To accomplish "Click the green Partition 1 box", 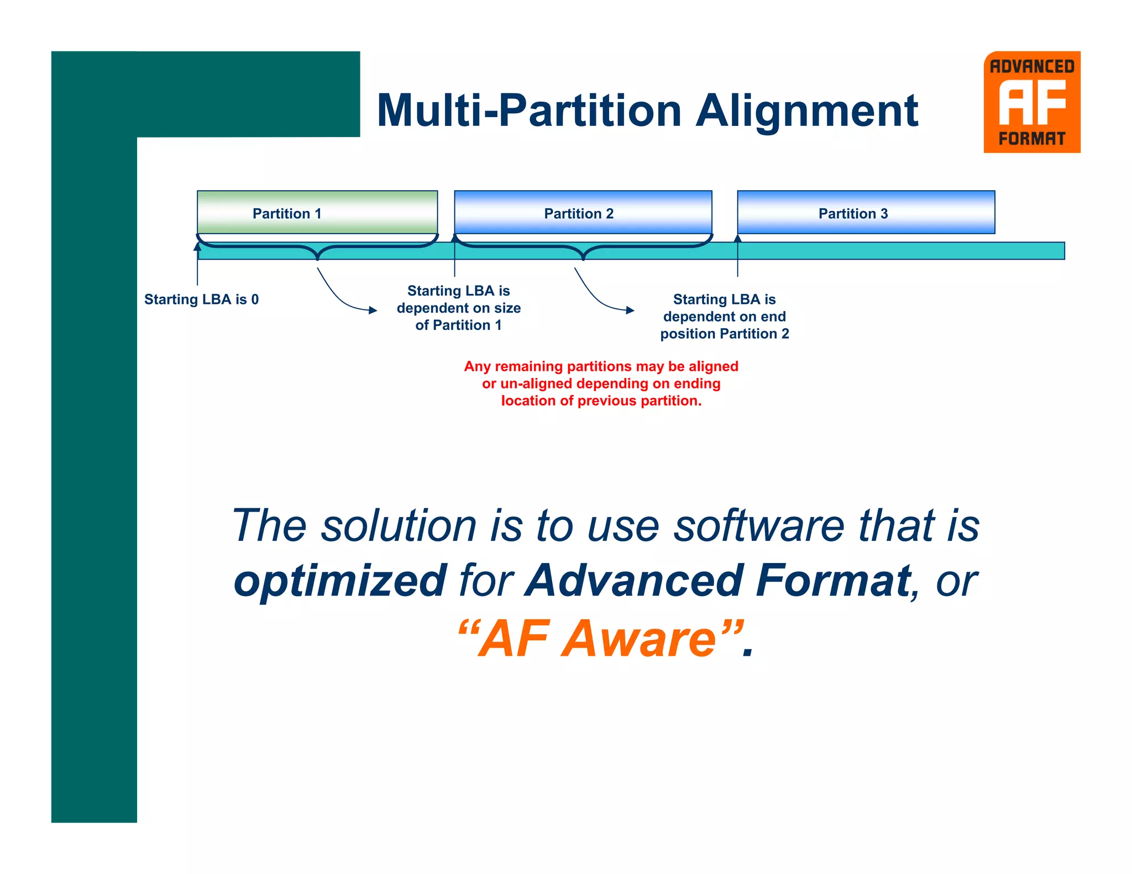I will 317,212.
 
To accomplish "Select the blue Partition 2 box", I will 583,212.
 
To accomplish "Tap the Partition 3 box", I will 866,212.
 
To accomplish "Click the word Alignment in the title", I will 806,111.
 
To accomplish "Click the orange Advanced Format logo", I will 1031,102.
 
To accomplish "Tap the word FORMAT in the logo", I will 1031,139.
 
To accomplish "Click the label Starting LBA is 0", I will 201,299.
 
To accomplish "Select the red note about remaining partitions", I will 601,383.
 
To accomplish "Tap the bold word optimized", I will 340,582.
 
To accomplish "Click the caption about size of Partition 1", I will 458,308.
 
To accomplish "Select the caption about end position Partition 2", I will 724,317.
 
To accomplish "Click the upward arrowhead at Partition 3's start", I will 737,238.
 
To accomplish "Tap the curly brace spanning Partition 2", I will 583,249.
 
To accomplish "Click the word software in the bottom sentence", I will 759,525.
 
